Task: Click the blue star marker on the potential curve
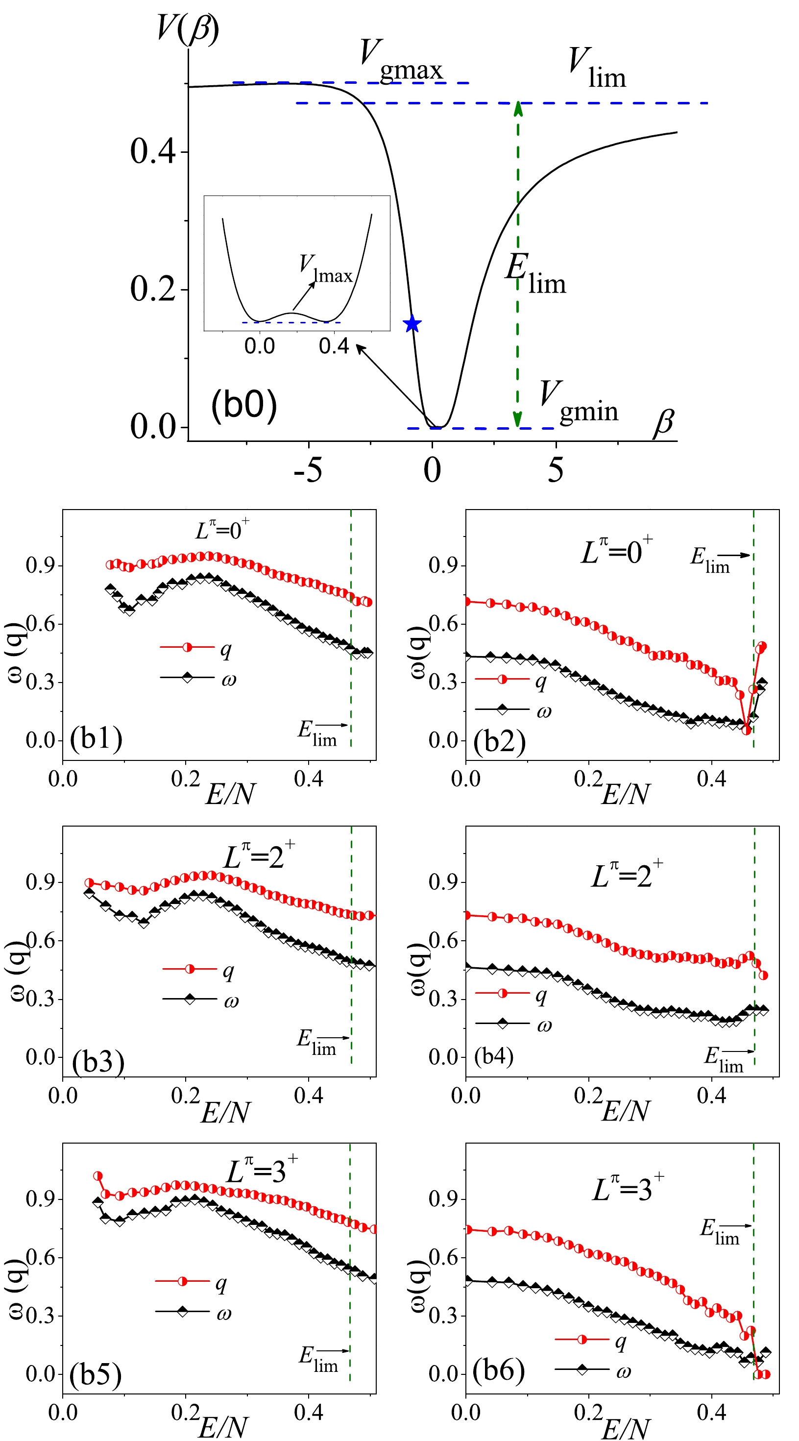tap(412, 323)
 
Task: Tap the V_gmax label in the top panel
tap(400, 60)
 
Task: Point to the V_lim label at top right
tap(597, 68)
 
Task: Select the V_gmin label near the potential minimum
tap(578, 402)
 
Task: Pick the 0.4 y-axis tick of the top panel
tap(153, 151)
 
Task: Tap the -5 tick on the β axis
tap(308, 470)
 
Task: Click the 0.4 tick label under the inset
tap(334, 347)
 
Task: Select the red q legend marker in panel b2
tap(502, 679)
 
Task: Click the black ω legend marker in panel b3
tap(190, 998)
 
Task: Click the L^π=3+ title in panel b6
tap(628, 1188)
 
